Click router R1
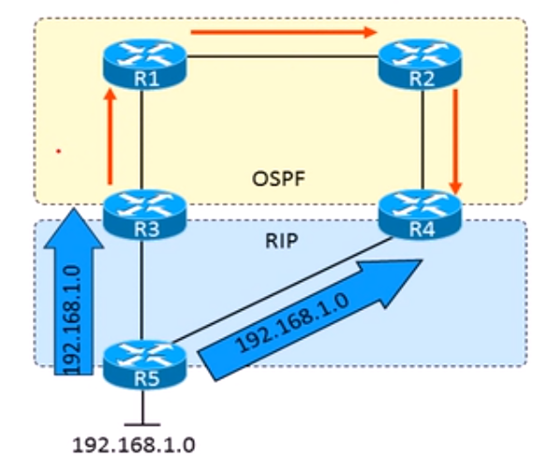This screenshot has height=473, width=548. [x=145, y=64]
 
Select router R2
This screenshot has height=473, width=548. [x=420, y=64]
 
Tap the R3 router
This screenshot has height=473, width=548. [x=145, y=214]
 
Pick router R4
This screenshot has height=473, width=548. [x=420, y=214]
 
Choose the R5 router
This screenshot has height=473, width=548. [x=145, y=364]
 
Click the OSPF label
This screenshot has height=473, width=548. [x=278, y=179]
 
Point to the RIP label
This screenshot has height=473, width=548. [x=282, y=241]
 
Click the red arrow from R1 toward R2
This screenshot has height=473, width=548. [x=284, y=33]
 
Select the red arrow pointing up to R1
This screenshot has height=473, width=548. [x=111, y=136]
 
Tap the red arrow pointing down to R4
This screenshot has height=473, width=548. [x=455, y=141]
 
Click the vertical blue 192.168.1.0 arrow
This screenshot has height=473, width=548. [x=74, y=291]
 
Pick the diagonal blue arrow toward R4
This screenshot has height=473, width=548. [x=310, y=319]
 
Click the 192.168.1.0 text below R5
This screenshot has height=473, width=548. [x=134, y=446]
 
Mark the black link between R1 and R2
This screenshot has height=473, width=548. [x=283, y=56]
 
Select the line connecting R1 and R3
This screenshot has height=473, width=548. [x=141, y=140]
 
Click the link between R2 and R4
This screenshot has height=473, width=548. [x=422, y=140]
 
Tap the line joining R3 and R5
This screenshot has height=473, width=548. [x=141, y=290]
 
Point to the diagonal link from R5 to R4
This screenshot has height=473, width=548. [x=282, y=289]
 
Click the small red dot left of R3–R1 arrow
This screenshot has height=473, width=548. [x=59, y=151]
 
